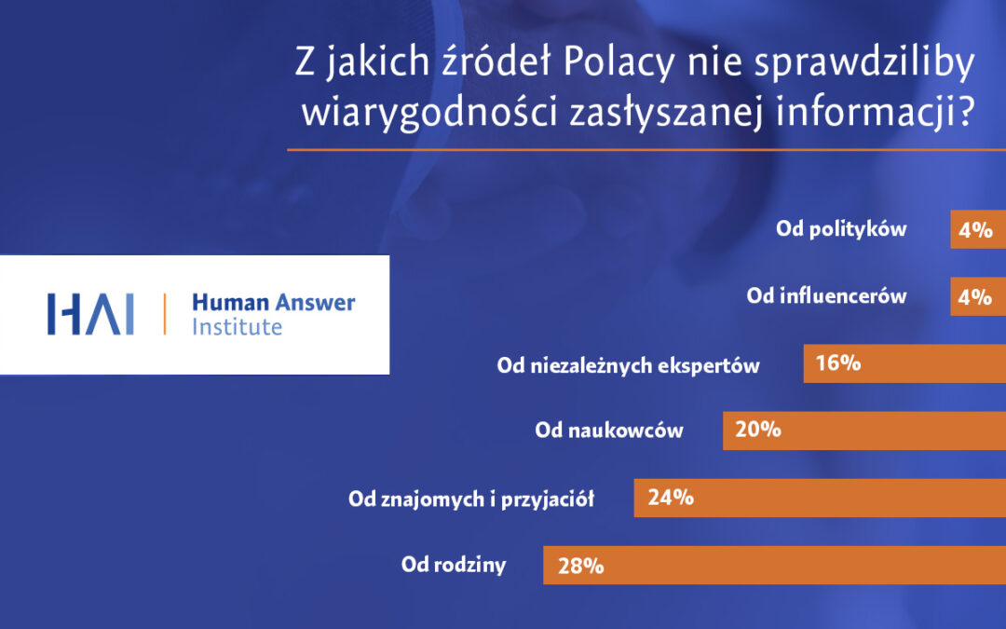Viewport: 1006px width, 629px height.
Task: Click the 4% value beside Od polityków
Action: click(975, 229)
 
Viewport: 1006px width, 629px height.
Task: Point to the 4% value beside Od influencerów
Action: click(975, 296)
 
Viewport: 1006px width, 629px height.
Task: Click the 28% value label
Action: click(581, 565)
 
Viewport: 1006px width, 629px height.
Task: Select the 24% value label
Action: click(671, 498)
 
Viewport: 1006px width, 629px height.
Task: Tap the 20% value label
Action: click(758, 431)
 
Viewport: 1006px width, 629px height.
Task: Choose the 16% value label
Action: click(837, 363)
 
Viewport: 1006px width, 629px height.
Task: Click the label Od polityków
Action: click(841, 229)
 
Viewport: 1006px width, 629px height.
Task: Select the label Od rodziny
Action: click(454, 565)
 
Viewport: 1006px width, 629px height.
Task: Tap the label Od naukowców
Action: click(609, 431)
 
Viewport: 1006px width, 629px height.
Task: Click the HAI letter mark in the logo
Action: click(90, 314)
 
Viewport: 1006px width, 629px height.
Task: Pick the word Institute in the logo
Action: click(237, 327)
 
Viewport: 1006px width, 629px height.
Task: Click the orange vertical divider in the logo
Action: click(165, 314)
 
